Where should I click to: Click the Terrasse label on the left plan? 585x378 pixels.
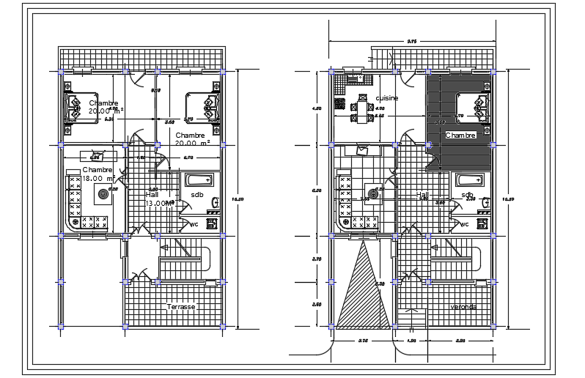[180, 306]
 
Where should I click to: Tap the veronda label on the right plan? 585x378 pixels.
[463, 307]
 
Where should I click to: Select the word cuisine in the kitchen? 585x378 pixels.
[387, 98]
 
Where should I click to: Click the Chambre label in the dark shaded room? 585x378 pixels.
[460, 136]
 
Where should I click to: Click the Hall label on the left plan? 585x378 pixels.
[152, 195]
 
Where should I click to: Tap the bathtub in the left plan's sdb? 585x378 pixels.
[197, 179]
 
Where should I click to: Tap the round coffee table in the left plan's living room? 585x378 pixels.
[100, 194]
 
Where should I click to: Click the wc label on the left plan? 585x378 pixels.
[194, 224]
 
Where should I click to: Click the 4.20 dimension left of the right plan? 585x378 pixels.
[317, 108]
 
